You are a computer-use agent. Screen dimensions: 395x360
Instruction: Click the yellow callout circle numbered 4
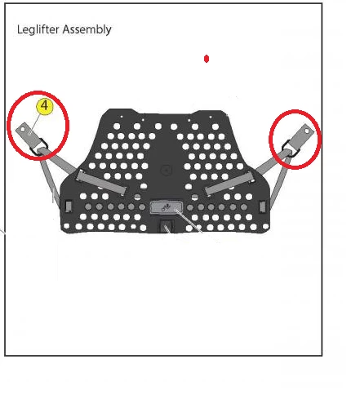click(x=44, y=106)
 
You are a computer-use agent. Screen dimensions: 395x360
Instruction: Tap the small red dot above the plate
click(x=207, y=59)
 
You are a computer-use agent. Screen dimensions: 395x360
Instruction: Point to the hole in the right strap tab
click(x=308, y=130)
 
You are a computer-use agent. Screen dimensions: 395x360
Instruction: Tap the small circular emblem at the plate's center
click(x=167, y=171)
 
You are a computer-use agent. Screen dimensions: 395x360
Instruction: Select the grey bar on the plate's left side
click(x=101, y=182)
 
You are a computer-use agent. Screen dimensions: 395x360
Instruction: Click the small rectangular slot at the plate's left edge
click(x=68, y=203)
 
